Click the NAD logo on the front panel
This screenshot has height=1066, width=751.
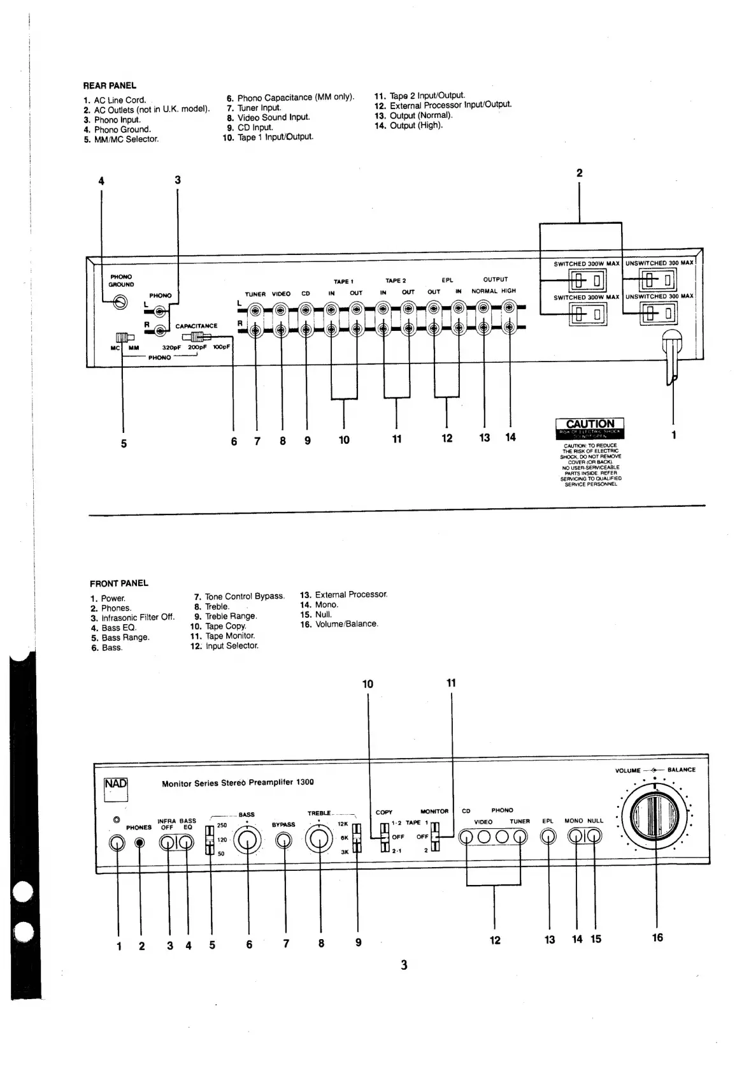coord(116,789)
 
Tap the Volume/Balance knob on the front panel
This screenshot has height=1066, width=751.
coord(655,817)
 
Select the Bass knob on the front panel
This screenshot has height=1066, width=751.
coord(247,842)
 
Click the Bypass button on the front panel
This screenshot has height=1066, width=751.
coord(283,842)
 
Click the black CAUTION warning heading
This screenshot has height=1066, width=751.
coord(590,424)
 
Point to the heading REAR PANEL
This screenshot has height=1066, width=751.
coord(110,85)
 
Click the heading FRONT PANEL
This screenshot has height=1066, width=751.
coord(118,583)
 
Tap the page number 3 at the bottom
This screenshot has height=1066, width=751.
coord(404,965)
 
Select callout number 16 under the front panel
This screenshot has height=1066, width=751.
coord(657,937)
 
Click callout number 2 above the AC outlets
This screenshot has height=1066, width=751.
coord(579,173)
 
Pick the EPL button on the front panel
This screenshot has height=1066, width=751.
coord(548,836)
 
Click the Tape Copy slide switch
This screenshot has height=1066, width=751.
coord(384,836)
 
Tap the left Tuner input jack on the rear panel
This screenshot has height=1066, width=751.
coord(255,310)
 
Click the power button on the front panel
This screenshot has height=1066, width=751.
coord(117,843)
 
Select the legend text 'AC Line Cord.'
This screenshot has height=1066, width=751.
coord(120,100)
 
